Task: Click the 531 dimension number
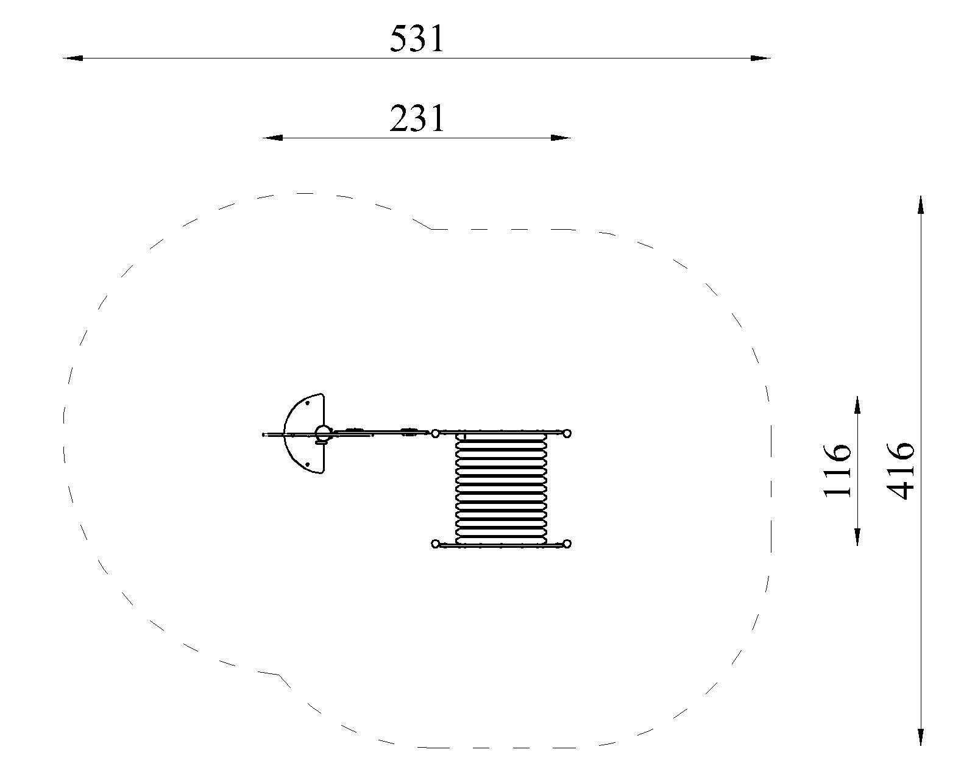(417, 40)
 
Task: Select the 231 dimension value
(417, 119)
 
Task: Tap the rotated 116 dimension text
(837, 470)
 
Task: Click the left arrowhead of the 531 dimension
(73, 58)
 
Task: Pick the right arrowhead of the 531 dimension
(760, 58)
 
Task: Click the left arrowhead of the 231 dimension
(273, 138)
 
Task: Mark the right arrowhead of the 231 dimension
(561, 138)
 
